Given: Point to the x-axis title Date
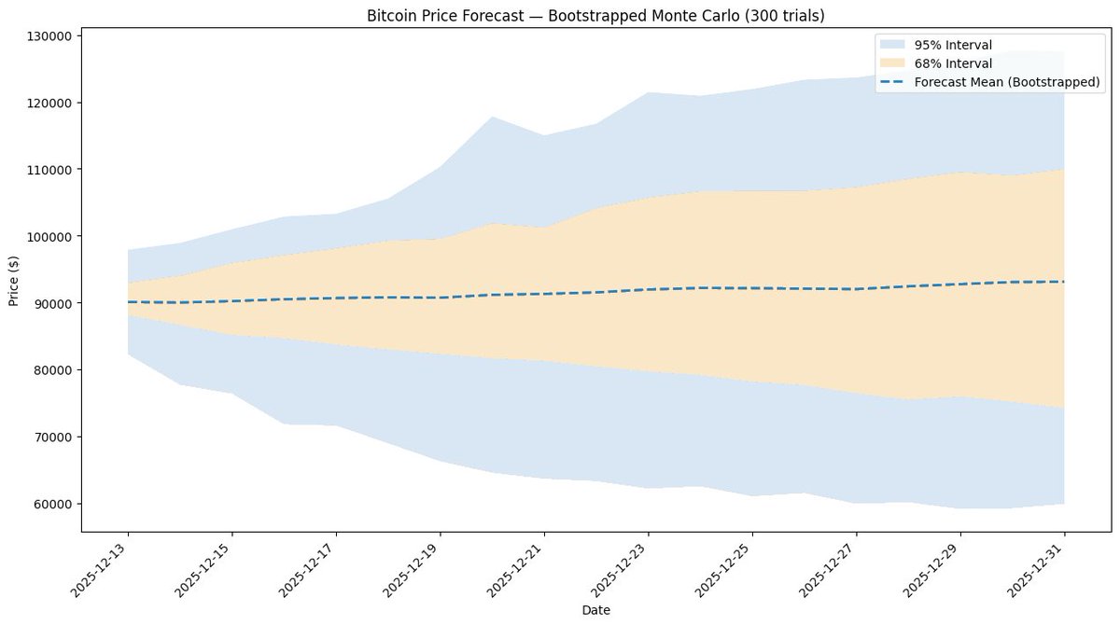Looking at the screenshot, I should [x=595, y=609].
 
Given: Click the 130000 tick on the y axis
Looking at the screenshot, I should [x=49, y=35].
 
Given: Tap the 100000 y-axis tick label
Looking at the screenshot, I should [x=49, y=236].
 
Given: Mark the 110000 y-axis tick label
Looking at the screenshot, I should [x=49, y=170].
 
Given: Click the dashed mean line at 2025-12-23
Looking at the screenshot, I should [x=649, y=289].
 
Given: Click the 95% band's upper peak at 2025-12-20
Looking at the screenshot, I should [x=492, y=118].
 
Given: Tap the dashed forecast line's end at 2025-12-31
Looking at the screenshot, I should [x=1064, y=282].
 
